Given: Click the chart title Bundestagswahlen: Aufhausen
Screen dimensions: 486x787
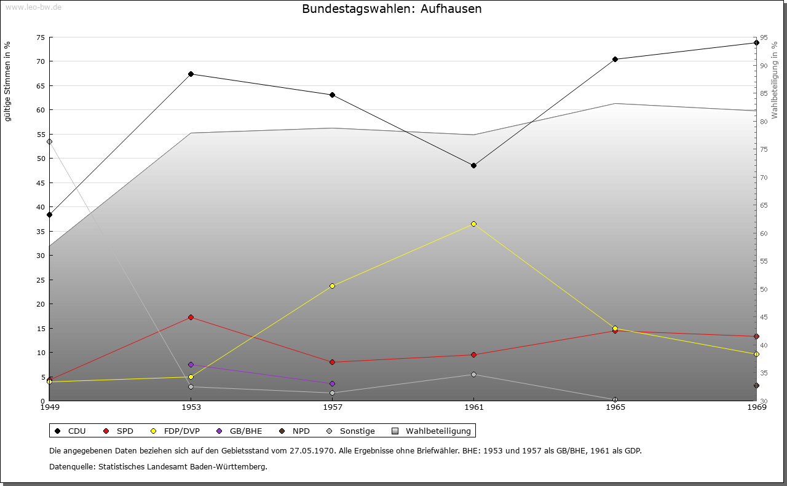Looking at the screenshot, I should [392, 9].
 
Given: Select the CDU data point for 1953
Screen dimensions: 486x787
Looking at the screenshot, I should [191, 74].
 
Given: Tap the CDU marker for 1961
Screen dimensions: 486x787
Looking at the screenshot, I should [473, 165].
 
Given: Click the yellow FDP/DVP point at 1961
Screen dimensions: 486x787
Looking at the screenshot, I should [473, 224].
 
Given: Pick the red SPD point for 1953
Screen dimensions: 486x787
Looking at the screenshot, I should [191, 317].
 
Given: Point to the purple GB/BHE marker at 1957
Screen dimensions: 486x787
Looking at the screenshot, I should [333, 383].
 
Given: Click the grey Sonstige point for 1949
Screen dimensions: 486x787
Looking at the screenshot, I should [50, 141].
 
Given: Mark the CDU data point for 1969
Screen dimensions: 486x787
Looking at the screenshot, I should [756, 43].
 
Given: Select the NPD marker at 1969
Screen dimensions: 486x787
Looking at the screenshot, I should [756, 385].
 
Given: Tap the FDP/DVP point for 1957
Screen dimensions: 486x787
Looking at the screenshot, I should [333, 286].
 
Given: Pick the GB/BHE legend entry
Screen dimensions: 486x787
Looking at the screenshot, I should [240, 431].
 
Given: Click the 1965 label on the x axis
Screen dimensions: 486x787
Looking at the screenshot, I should [615, 407].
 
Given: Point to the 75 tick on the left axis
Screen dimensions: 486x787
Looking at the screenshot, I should [40, 37].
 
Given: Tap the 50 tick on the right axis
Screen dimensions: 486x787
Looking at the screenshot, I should [764, 289].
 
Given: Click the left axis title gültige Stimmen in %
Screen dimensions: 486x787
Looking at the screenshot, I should [8, 82].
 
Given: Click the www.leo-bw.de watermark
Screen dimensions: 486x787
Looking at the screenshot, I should [33, 7].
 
